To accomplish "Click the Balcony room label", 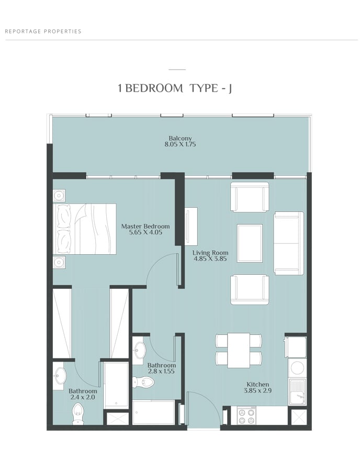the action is click(x=180, y=138).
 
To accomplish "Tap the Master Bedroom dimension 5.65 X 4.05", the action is click(x=145, y=232).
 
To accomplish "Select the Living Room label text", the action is click(x=210, y=253).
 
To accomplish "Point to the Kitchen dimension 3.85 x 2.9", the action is click(x=258, y=390).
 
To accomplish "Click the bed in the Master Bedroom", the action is click(x=85, y=229).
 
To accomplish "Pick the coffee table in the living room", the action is click(x=250, y=243).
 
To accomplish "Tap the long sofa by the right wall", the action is click(x=289, y=243).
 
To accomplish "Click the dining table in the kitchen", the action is click(x=239, y=350).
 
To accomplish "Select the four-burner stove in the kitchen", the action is click(x=246, y=416).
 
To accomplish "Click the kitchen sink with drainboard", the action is click(x=298, y=391).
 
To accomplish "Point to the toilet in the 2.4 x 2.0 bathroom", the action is click(x=78, y=414).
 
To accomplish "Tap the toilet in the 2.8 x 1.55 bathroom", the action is click(x=143, y=382).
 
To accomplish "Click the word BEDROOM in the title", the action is click(x=154, y=88).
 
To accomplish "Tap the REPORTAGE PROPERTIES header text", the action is click(x=43, y=31).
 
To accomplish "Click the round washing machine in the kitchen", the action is click(x=298, y=367).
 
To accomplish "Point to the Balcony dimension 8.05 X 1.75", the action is click(x=180, y=144).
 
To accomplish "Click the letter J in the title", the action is click(x=230, y=89).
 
